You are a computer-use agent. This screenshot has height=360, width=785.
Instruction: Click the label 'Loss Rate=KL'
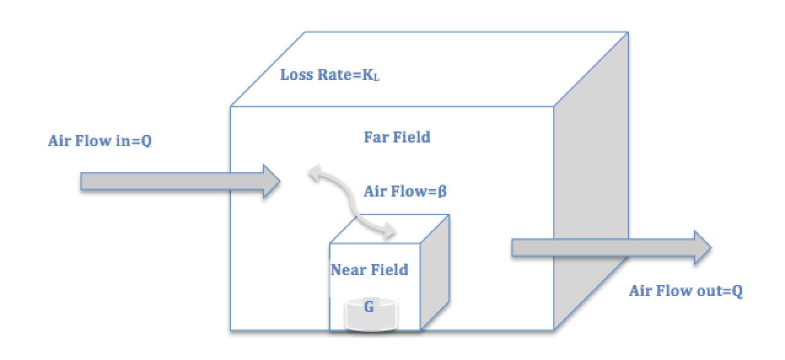[x=330, y=75]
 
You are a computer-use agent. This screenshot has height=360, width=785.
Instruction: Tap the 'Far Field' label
[x=397, y=137]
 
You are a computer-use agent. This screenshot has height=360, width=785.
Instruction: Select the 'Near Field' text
[x=369, y=270]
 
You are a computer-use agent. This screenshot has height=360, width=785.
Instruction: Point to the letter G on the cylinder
[x=369, y=307]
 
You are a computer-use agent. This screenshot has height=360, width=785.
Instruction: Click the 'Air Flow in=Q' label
[x=100, y=141]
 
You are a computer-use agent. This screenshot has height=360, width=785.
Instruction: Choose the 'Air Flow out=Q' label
[x=685, y=291]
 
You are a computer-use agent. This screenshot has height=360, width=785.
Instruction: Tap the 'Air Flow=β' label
[x=405, y=191]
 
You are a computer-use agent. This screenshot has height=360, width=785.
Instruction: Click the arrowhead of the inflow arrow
[x=271, y=181]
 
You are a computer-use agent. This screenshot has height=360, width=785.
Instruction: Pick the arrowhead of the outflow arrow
[x=701, y=248]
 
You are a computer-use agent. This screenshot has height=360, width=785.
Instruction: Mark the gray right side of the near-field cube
[x=434, y=270]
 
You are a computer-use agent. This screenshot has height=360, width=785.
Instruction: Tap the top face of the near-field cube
[x=388, y=229]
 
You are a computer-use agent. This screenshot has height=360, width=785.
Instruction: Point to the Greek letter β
[x=442, y=191]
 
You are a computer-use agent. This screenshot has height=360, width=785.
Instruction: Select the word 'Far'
[x=377, y=137]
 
